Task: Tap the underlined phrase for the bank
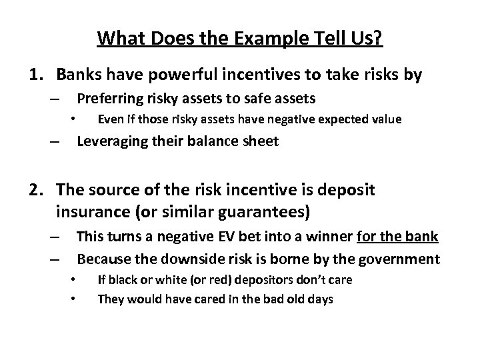click(398, 237)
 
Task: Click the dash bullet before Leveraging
click(53, 142)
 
